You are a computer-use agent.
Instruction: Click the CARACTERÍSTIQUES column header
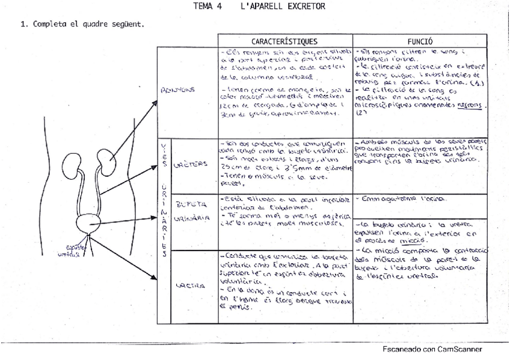(x=284, y=41)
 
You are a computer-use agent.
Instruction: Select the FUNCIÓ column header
(x=420, y=41)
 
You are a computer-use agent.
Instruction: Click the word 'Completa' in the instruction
(x=54, y=25)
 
